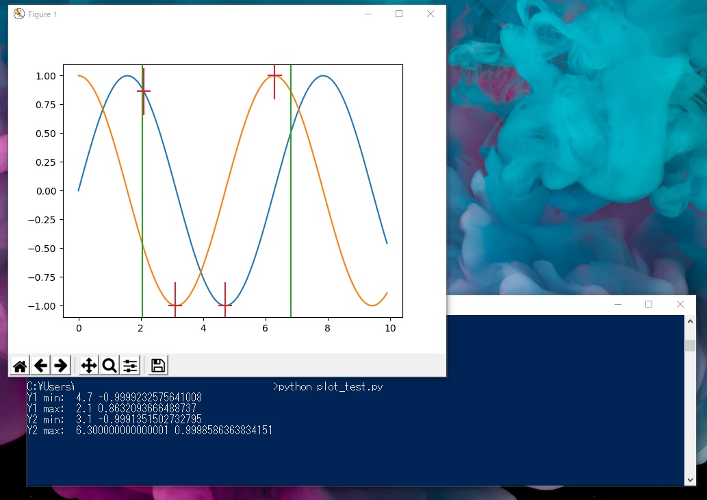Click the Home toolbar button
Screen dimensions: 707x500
pos(20,366)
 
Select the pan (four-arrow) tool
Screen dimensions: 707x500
pos(89,366)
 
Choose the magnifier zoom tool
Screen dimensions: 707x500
pos(110,366)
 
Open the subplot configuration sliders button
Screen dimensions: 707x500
pos(130,366)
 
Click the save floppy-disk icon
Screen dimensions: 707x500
pos(158,366)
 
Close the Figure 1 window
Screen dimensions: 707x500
pos(430,14)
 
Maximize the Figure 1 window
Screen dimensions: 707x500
pos(399,14)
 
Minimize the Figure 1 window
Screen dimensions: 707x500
pos(368,14)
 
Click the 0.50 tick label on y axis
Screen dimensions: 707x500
pos(46,134)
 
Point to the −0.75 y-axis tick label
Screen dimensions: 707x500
pos(42,277)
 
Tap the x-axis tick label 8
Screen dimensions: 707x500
pos(327,329)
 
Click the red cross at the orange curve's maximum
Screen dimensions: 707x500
pos(274,75)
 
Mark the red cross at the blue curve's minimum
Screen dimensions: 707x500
pos(225,305)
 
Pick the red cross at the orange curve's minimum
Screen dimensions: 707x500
pos(175,305)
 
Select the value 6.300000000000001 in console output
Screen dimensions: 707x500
pos(123,431)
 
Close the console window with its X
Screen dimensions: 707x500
pos(680,305)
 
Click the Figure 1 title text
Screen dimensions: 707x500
pos(42,14)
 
